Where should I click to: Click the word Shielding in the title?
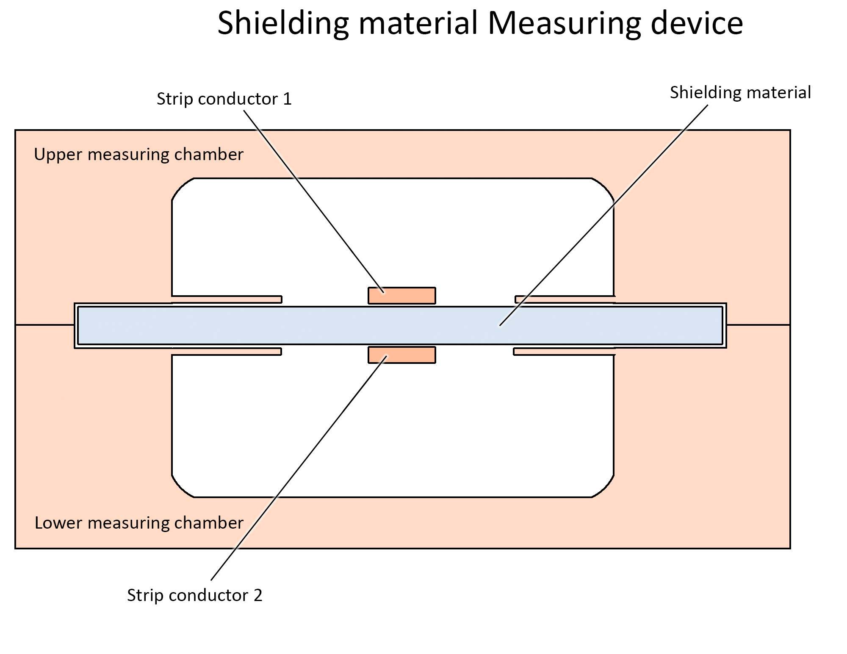pos(283,23)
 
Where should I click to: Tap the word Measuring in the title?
pos(564,23)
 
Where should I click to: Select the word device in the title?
pos(696,23)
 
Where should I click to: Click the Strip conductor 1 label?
pos(224,99)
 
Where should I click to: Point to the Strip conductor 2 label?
pos(194,595)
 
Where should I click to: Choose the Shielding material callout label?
pos(740,92)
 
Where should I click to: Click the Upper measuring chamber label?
pos(138,154)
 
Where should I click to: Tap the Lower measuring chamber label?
pos(139,523)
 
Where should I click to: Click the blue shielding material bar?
pos(296,325)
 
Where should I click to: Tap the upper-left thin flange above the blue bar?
pos(227,299)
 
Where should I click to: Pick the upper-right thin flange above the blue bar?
pos(565,299)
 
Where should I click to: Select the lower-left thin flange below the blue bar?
pos(227,352)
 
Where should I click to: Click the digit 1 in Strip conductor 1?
pos(287,99)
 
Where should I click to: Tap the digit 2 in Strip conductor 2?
pos(258,595)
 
